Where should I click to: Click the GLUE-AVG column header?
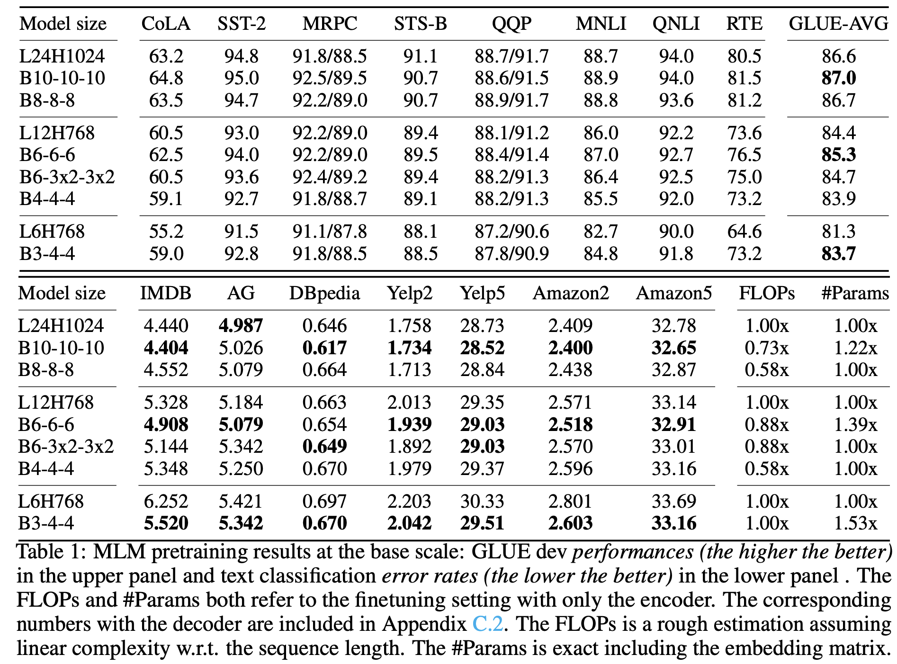click(838, 24)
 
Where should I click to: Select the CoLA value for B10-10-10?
click(166, 78)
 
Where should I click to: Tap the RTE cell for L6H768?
click(745, 232)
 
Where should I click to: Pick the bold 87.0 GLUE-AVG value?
click(839, 78)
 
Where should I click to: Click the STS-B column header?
click(420, 24)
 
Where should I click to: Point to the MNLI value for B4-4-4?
click(601, 199)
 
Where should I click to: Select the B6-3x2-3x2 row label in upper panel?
click(67, 177)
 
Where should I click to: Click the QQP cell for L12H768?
click(511, 133)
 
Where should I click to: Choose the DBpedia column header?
click(324, 294)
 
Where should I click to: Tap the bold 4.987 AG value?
click(241, 326)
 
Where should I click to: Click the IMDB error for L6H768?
click(166, 502)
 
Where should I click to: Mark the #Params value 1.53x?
click(855, 523)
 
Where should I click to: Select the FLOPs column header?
click(767, 294)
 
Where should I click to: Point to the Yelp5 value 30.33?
click(482, 502)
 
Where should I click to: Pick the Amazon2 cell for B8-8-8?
click(570, 370)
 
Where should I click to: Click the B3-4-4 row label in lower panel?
click(46, 523)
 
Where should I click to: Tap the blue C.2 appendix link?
click(487, 624)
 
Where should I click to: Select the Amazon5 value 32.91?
click(673, 425)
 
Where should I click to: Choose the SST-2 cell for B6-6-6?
click(242, 155)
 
